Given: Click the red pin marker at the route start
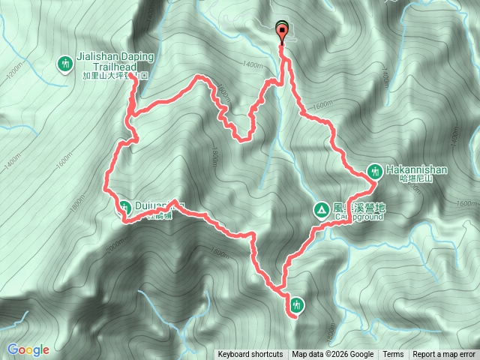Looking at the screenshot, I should [283, 32].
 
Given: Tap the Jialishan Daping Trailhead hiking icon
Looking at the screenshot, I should [66, 66].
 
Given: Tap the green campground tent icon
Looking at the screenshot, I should [320, 209].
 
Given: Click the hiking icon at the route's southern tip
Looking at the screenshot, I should [298, 304].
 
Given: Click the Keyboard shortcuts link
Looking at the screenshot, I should [250, 355].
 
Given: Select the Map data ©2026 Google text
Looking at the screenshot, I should [333, 355].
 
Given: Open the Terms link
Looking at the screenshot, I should [393, 355].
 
